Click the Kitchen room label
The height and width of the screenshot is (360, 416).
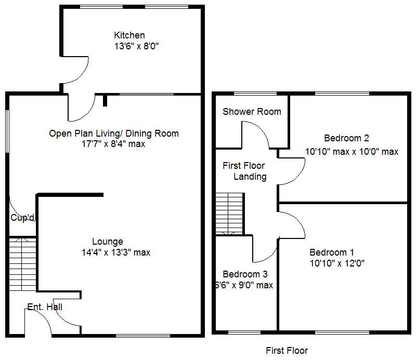point(129,35)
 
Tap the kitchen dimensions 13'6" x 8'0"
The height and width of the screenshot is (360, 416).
point(136,46)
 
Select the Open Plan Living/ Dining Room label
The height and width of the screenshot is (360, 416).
point(113,134)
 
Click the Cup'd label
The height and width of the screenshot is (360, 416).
point(22,218)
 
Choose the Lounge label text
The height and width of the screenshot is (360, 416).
point(108,242)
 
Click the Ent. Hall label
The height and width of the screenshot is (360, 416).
point(45,307)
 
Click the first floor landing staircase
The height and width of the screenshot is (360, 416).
point(229,214)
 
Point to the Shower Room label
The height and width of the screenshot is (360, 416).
point(252,112)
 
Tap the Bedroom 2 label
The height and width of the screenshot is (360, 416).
point(346,138)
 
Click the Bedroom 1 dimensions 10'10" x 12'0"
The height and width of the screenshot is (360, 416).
point(337,263)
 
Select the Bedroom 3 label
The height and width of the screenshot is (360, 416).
point(245,274)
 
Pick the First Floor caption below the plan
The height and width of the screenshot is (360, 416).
point(287,351)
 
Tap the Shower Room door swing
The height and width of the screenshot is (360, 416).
point(255,134)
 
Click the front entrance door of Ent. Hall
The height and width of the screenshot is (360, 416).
point(38,322)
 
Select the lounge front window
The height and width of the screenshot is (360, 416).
point(142,336)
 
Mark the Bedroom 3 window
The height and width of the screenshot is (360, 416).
point(245,331)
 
